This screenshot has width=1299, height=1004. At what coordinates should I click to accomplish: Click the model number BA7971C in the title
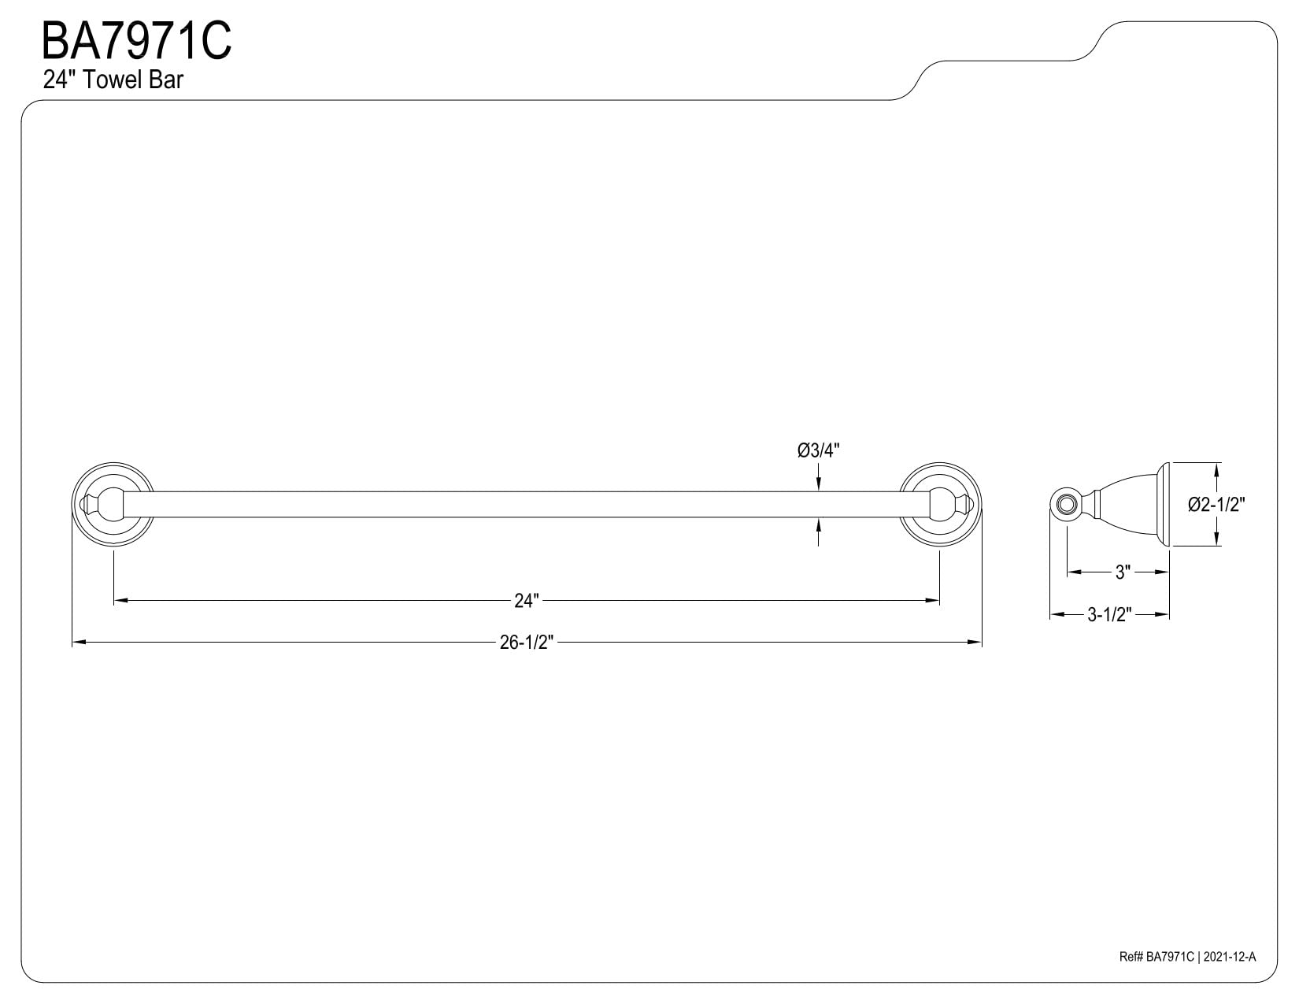click(x=136, y=40)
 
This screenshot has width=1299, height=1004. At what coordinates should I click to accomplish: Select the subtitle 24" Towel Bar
click(x=113, y=80)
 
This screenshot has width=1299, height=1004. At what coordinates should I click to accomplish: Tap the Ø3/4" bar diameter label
click(x=818, y=450)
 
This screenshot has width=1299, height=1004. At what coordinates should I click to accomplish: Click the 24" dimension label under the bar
click(x=527, y=600)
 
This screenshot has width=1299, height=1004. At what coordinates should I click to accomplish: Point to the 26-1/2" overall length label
click(x=527, y=643)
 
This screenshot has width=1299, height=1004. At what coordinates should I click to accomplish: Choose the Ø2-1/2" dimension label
click(x=1216, y=505)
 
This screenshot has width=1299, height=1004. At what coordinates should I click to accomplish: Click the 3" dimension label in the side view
click(x=1123, y=572)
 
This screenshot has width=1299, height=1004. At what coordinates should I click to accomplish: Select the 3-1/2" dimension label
click(x=1109, y=614)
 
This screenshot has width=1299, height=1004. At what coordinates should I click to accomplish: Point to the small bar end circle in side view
click(x=1064, y=504)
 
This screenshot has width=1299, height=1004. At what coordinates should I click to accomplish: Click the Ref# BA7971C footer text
click(x=1157, y=973)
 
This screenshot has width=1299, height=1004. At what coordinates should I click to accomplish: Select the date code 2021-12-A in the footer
click(x=1230, y=973)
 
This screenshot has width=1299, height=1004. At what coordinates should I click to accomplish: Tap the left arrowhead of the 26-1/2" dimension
click(x=79, y=643)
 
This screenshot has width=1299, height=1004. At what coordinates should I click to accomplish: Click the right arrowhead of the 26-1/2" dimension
click(x=975, y=643)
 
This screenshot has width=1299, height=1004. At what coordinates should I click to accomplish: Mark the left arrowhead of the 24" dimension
click(x=121, y=600)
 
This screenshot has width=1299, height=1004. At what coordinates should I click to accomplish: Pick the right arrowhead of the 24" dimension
click(x=932, y=600)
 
